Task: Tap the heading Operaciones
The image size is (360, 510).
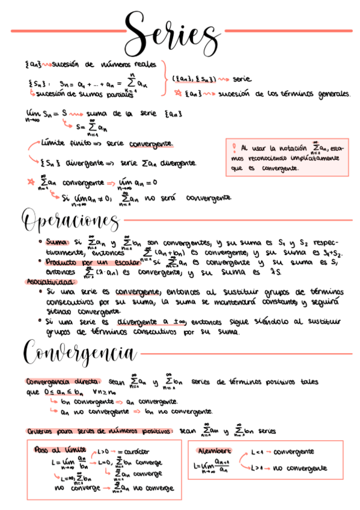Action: (71, 221)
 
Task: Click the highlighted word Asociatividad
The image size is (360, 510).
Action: (51, 281)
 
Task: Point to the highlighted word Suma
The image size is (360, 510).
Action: (58, 242)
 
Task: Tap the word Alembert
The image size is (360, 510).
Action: (215, 450)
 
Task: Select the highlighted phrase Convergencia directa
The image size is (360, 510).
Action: (63, 381)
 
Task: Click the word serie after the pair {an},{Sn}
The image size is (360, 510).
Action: (242, 79)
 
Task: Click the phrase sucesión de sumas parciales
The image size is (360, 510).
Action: (79, 94)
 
